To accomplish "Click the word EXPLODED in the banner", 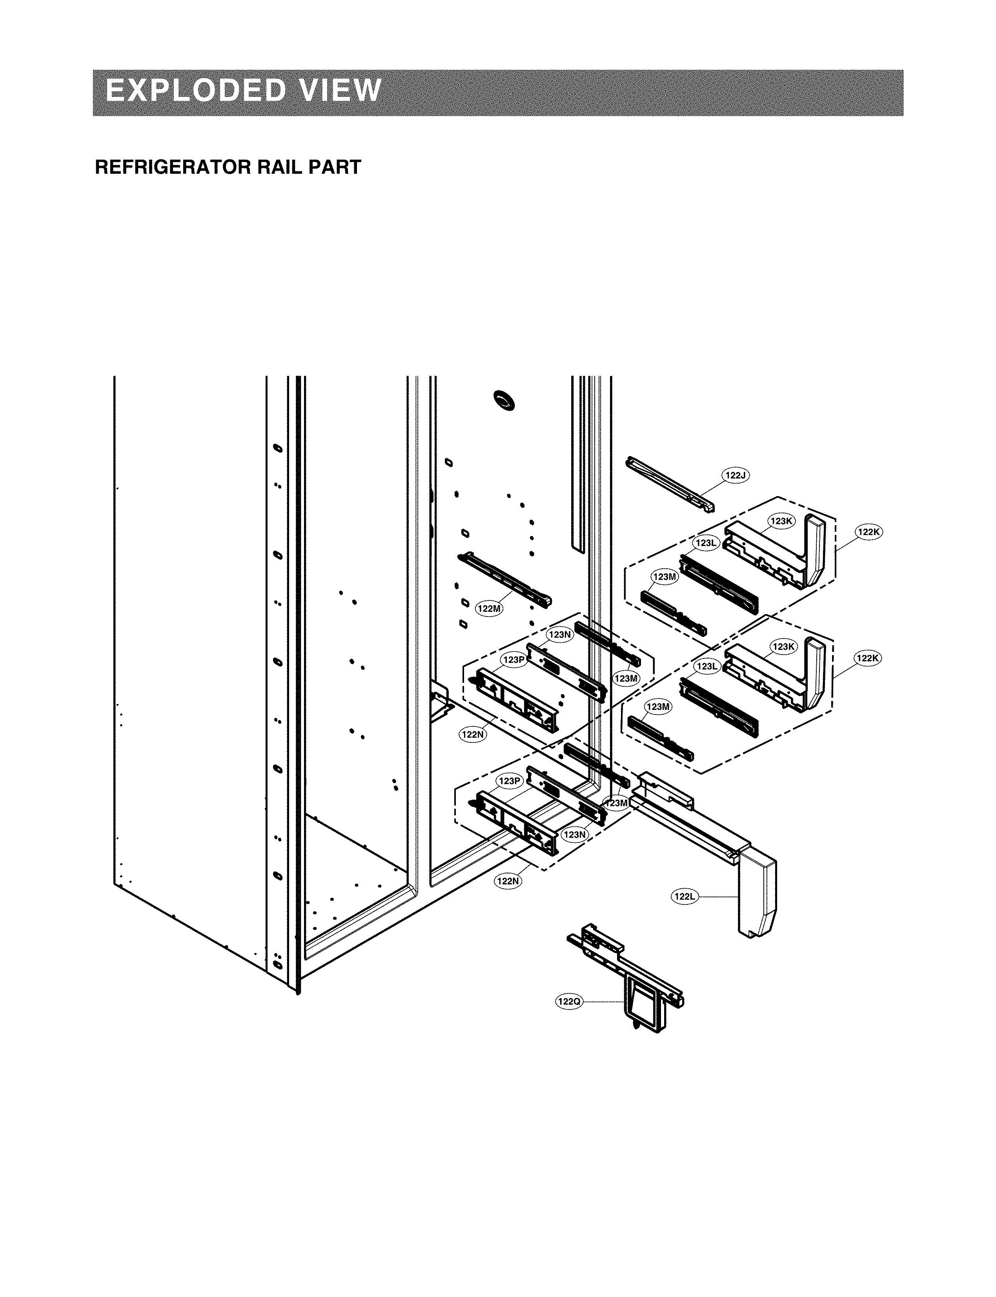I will pos(199,91).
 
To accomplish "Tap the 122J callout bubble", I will pos(735,475).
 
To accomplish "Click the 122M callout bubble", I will pos(489,608).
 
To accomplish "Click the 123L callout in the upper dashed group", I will pos(706,542).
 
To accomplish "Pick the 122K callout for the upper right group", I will pos(869,532).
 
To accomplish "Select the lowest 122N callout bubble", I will pos(508,881).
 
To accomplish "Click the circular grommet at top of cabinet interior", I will pos(505,401).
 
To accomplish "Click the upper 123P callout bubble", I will pos(514,659).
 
